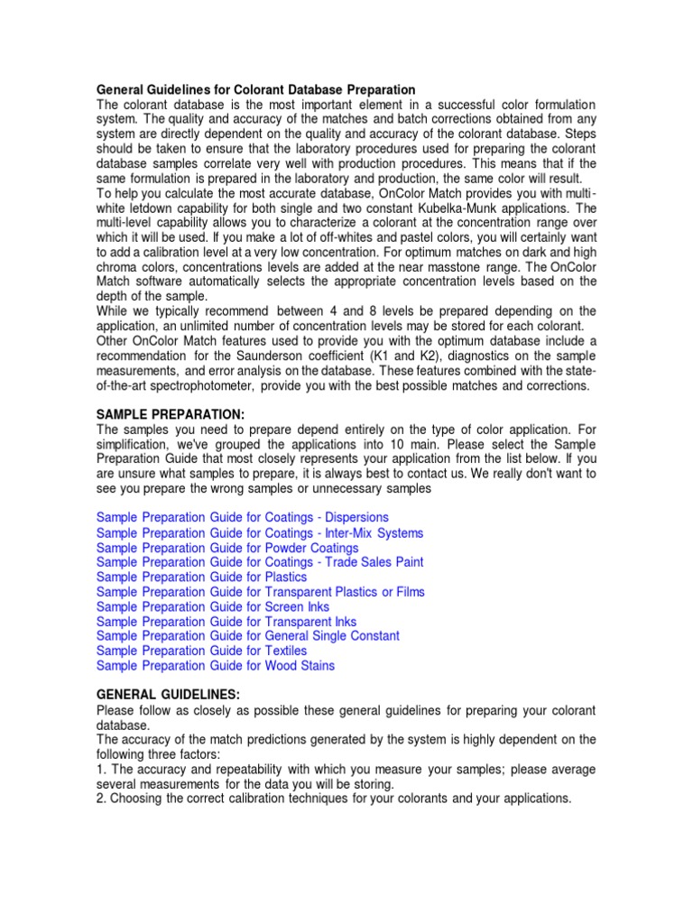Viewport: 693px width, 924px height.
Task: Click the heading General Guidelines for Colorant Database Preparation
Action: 256,90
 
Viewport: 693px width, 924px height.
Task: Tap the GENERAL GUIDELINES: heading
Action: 168,696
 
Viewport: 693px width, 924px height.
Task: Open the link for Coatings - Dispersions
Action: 243,518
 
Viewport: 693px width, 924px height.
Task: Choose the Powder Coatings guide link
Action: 227,548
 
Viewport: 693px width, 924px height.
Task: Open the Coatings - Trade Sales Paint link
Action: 260,562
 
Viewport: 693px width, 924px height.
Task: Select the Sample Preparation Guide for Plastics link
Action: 201,577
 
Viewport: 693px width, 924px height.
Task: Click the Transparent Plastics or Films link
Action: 261,592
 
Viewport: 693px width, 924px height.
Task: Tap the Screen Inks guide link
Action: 213,606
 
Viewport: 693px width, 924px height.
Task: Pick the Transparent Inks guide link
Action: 226,622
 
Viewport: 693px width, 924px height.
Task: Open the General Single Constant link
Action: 248,636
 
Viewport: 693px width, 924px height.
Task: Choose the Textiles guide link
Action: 201,651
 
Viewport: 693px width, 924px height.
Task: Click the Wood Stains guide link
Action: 216,666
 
